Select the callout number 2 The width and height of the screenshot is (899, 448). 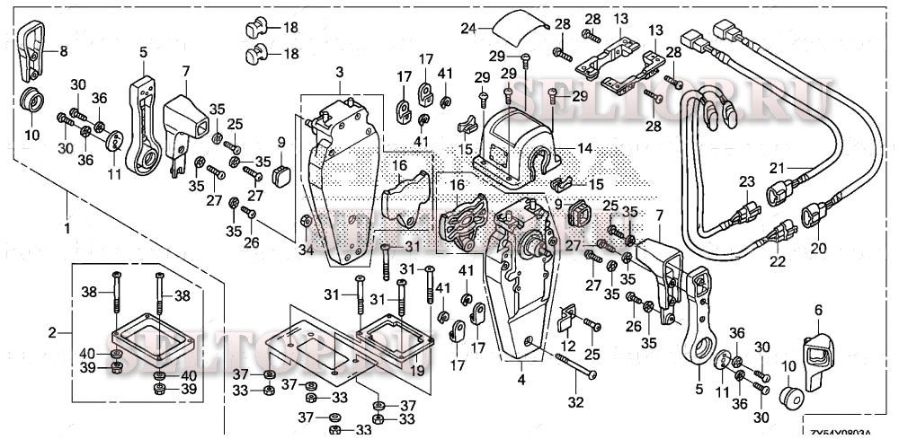pos(51,333)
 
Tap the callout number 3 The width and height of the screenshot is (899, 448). pos(340,71)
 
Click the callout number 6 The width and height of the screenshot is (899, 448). pos(817,310)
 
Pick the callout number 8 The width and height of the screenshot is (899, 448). pos(63,53)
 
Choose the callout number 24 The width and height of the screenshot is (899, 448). pos(467,29)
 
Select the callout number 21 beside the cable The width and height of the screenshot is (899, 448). pos(776,167)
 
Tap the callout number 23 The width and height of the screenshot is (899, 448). pos(745,181)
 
